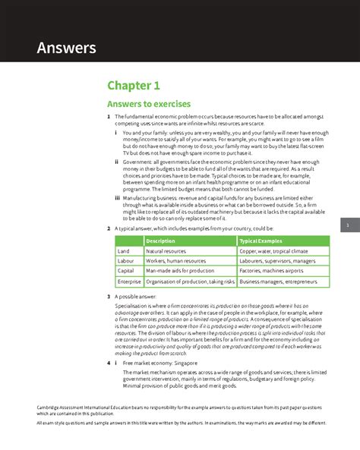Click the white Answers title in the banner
coord(68,49)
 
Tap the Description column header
coord(160,241)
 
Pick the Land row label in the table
coord(124,251)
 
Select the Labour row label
coord(126,261)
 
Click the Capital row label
coord(126,271)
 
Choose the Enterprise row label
coord(129,282)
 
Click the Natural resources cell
coord(166,251)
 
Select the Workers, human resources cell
coord(175,261)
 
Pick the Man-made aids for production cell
coord(180,271)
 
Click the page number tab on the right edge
coord(347,226)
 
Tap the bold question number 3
coord(109,297)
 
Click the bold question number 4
coord(109,363)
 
